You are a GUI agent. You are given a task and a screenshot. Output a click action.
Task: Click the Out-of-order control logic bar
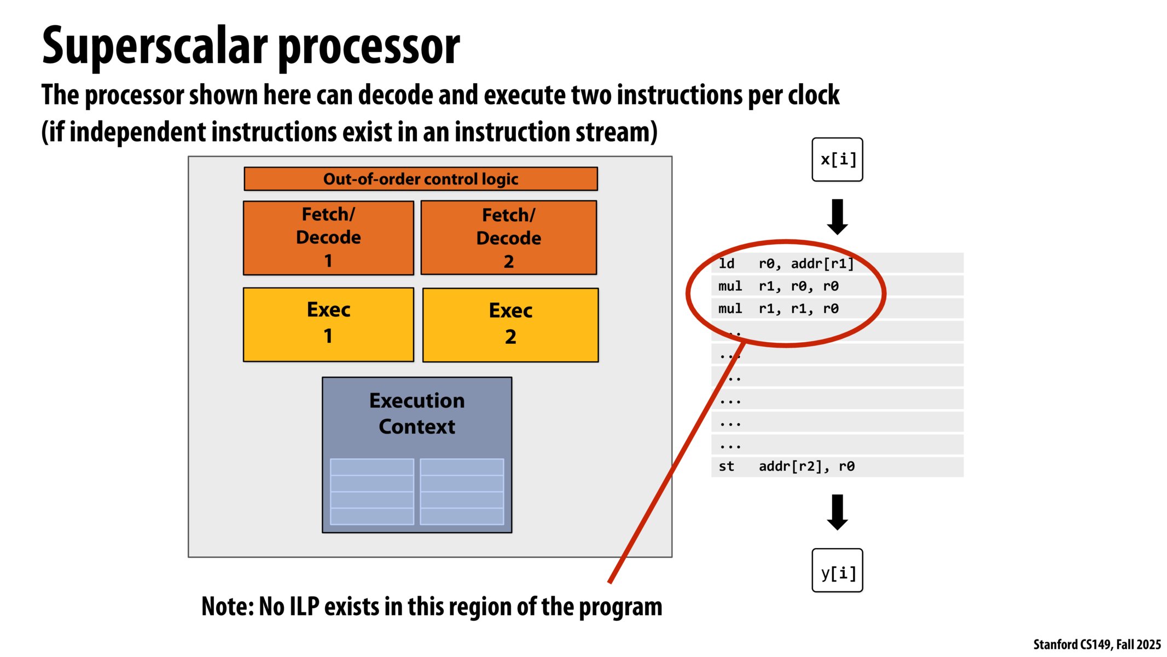tap(420, 179)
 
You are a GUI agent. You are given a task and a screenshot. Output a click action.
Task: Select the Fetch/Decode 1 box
tap(328, 238)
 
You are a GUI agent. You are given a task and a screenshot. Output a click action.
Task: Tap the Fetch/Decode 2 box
tap(508, 238)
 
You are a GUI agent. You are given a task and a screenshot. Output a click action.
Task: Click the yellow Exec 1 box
tap(328, 324)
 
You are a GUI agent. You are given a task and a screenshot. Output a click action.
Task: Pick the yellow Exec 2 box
tap(510, 325)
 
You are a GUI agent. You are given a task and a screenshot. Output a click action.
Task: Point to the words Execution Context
tap(416, 413)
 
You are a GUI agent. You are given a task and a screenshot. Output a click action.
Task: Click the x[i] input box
tap(837, 159)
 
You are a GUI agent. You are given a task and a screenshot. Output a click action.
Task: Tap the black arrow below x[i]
tap(837, 217)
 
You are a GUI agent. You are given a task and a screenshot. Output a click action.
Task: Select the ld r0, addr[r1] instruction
tap(786, 263)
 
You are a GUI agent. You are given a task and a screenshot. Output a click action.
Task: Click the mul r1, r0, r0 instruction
tap(778, 286)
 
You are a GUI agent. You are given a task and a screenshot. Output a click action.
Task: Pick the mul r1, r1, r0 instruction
tap(778, 309)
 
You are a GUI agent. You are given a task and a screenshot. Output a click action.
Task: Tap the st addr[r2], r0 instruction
tap(786, 466)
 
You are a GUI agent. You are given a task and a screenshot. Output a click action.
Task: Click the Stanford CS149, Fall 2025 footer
tap(1096, 644)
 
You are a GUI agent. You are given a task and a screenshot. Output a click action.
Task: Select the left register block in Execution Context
tap(372, 492)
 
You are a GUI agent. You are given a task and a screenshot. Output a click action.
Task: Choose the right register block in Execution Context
tap(462, 492)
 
